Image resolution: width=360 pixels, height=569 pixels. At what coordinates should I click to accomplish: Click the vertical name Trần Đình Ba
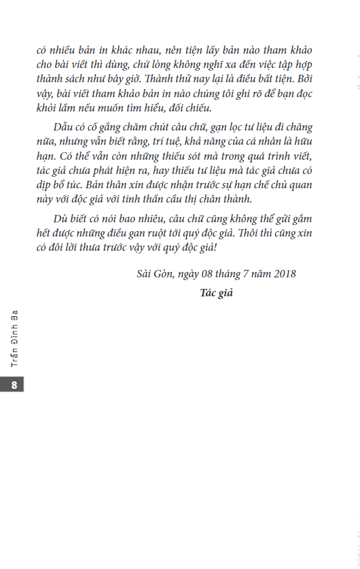[14, 338]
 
